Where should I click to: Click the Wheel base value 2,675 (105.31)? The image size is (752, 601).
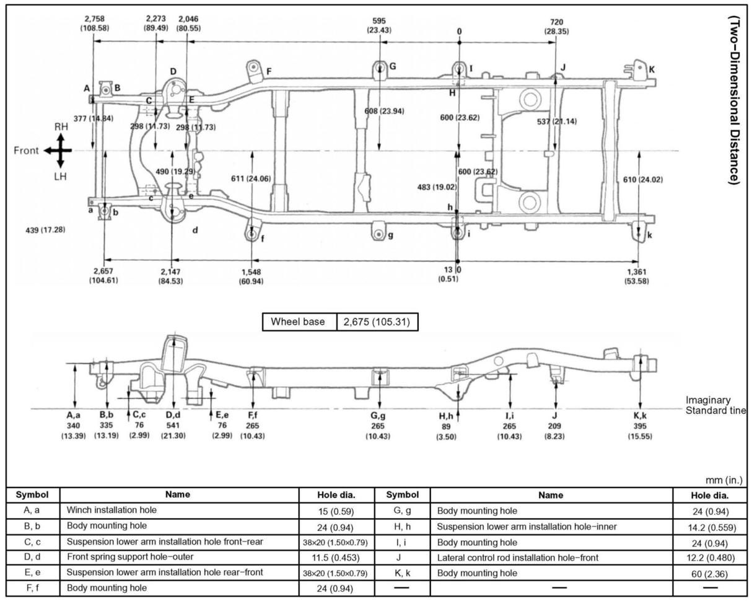pos(377,322)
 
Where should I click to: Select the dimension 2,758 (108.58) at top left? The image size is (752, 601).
pos(95,24)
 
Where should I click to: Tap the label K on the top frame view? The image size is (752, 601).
pos(652,69)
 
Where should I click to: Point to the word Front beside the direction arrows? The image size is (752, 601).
pos(26,151)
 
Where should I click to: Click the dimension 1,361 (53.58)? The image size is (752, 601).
pos(637,276)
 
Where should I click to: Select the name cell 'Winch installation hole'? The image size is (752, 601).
pos(112,510)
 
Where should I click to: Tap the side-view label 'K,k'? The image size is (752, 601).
pos(640,416)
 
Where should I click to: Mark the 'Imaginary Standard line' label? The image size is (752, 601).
pos(715,405)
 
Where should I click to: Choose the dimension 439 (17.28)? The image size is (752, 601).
pos(43,230)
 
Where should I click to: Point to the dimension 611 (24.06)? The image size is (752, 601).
pos(250,179)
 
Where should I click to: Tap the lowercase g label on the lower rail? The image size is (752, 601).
pos(390,235)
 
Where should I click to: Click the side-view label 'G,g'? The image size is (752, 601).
pos(378,416)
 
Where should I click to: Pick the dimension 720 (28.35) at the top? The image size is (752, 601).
pos(556,27)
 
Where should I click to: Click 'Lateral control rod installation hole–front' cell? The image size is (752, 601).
pos(518,558)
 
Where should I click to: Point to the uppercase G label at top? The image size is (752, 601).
pos(393,66)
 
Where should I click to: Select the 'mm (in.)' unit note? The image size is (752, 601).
pos(724,480)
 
